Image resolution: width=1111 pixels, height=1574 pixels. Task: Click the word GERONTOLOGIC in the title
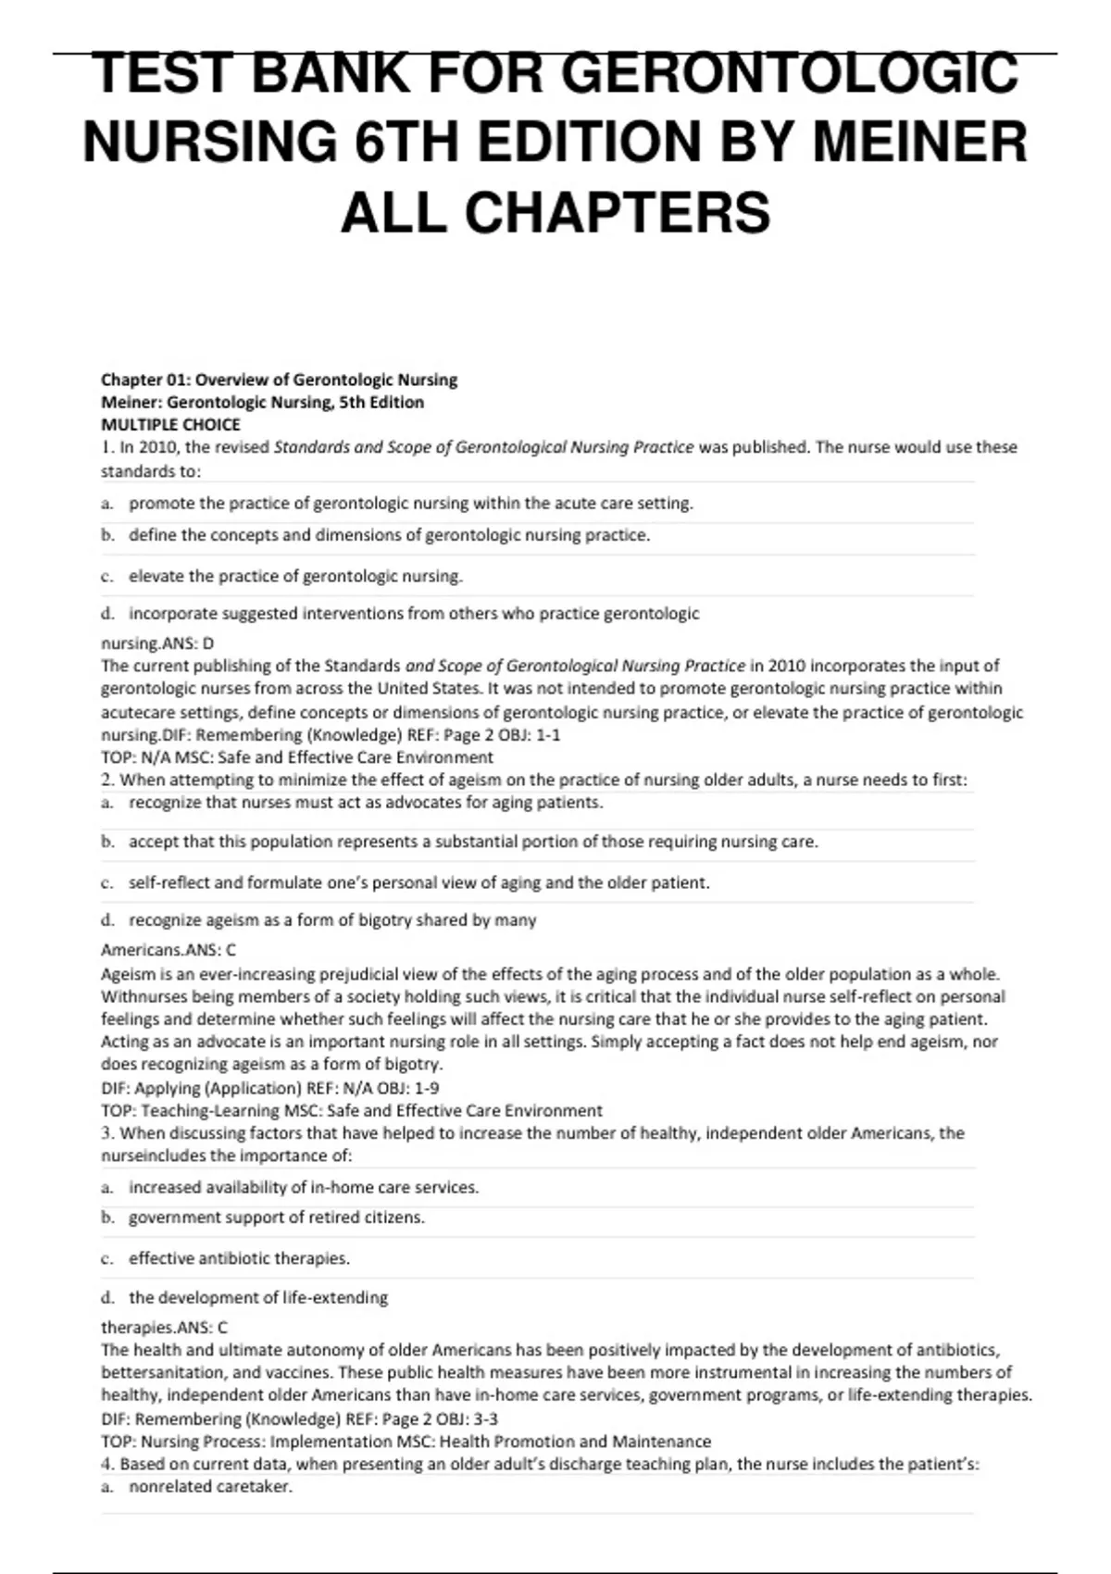789,73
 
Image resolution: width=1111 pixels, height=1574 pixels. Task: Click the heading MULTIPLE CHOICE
170,425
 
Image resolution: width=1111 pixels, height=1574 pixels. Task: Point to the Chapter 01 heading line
279,380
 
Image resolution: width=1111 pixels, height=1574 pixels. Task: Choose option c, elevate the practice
295,576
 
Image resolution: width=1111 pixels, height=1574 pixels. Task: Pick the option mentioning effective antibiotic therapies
239,1258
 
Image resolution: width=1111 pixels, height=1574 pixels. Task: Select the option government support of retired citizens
276,1218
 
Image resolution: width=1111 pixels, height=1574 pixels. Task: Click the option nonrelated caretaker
210,1487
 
